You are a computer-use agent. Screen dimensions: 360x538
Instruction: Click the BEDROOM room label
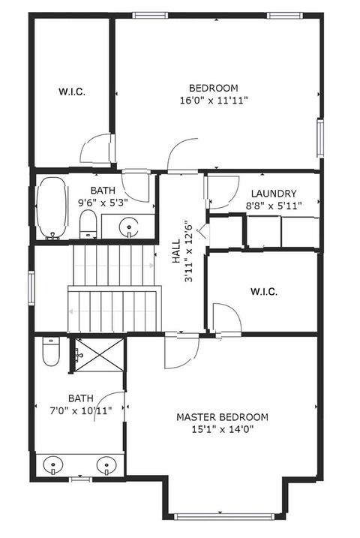point(213,89)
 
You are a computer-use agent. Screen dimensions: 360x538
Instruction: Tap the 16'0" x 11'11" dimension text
point(214,101)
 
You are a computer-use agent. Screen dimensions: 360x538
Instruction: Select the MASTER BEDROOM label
point(222,417)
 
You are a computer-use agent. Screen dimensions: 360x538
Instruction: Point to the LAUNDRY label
point(274,194)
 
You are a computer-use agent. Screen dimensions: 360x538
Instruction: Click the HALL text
point(176,251)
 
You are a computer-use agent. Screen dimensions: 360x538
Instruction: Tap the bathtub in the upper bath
point(52,208)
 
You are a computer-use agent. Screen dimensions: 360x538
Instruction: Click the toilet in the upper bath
point(88,224)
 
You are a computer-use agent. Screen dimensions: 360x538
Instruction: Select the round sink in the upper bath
point(128,227)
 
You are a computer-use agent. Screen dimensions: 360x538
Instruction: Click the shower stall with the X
point(99,355)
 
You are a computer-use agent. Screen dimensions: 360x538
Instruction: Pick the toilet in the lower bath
point(51,351)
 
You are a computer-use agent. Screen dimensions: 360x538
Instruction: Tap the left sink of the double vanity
point(53,465)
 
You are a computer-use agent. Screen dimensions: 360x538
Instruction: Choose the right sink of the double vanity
point(107,465)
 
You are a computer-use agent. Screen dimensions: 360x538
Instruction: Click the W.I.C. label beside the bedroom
point(72,92)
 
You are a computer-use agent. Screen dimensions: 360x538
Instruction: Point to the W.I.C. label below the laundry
point(264,292)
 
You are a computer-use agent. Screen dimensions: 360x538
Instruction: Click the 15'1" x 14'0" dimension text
point(223,429)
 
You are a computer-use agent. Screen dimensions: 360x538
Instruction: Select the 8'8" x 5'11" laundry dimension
point(274,206)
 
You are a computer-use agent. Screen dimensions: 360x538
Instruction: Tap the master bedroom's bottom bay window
point(225,517)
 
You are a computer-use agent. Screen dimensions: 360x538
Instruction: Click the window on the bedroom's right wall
point(320,138)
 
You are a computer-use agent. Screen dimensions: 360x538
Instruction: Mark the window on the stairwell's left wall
point(31,288)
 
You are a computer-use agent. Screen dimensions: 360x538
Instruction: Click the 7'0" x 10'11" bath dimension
point(81,410)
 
